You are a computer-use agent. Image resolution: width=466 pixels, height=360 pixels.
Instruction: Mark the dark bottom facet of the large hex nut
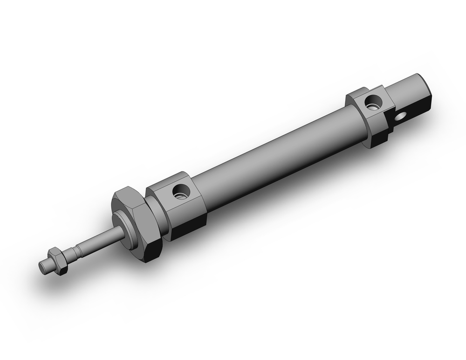click(149, 254)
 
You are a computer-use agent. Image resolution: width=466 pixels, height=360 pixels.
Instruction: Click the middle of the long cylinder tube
click(275, 154)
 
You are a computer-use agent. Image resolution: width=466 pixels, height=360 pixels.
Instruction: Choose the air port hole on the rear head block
click(372, 102)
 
